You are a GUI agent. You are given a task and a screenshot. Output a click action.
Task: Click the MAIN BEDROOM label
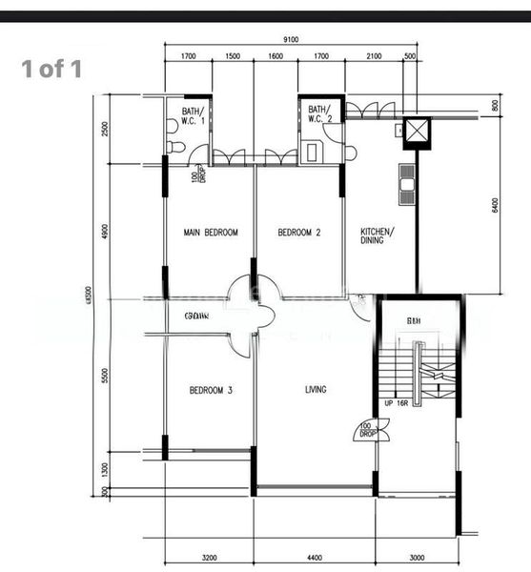(x=211, y=233)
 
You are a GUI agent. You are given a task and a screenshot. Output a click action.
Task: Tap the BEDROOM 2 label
(x=298, y=233)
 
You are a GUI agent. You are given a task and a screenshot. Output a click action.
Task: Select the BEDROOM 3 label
(x=211, y=390)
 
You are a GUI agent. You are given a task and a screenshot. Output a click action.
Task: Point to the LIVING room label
(x=316, y=390)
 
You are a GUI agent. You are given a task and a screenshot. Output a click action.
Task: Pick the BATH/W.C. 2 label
(x=320, y=113)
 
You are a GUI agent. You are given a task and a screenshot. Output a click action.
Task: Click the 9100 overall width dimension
(x=291, y=39)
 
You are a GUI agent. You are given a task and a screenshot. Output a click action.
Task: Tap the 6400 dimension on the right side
(x=495, y=205)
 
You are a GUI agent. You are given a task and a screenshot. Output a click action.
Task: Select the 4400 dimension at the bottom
(x=315, y=558)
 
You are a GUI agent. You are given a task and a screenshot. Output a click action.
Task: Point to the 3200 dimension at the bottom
(x=210, y=558)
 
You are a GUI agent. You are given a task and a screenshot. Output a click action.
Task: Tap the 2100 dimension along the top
(x=374, y=56)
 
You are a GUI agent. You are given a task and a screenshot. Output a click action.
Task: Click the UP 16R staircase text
(x=398, y=404)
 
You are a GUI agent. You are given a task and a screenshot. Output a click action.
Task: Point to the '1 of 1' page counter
(x=52, y=69)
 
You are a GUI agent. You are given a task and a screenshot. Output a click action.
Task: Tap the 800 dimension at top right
(x=495, y=106)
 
